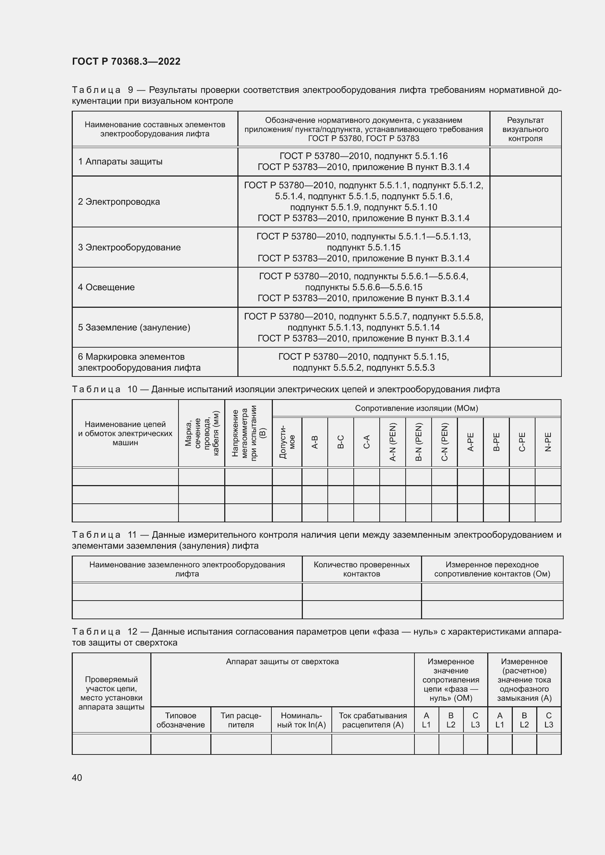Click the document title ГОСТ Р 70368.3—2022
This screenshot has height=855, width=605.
click(x=126, y=61)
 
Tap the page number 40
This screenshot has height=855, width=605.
click(x=77, y=778)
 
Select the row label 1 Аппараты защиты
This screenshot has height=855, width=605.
click(x=120, y=162)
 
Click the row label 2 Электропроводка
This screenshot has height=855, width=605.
click(x=119, y=202)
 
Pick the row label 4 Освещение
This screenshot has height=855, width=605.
click(x=106, y=287)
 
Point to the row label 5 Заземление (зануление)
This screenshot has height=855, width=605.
click(x=134, y=327)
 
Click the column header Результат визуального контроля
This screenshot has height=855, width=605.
click(x=525, y=129)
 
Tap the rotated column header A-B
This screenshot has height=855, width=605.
click(x=315, y=442)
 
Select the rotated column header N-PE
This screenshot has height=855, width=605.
click(x=548, y=442)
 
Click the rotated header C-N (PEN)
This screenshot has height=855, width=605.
click(x=444, y=442)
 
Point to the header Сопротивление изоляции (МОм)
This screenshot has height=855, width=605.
click(x=416, y=408)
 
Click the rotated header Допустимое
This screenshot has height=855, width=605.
click(x=287, y=442)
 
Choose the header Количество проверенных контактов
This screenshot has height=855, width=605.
click(x=361, y=569)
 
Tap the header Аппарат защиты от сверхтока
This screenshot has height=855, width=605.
click(x=282, y=662)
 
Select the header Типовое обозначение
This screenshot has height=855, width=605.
click(x=180, y=720)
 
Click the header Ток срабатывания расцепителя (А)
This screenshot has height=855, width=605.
click(x=372, y=720)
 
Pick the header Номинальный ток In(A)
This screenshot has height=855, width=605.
click(x=301, y=720)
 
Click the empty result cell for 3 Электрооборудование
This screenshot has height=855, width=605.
click(x=525, y=247)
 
